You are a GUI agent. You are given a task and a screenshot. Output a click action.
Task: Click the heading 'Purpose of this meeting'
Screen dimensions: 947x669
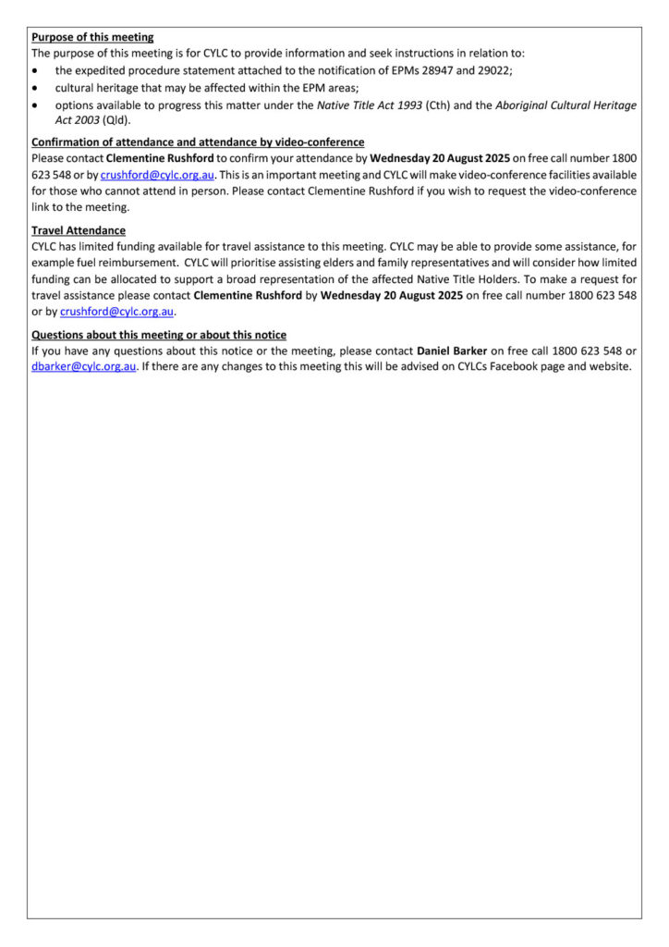pos(92,38)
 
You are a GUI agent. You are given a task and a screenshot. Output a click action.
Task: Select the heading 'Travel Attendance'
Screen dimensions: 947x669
pos(79,230)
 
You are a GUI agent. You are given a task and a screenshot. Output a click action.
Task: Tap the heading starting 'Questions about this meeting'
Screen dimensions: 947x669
pos(159,335)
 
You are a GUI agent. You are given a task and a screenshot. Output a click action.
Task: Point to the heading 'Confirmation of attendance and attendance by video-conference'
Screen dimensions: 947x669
pos(198,142)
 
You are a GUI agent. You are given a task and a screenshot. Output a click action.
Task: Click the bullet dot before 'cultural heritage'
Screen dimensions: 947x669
pos(35,88)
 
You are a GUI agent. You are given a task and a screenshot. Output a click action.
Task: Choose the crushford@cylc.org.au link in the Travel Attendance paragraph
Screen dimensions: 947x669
pos(117,311)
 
